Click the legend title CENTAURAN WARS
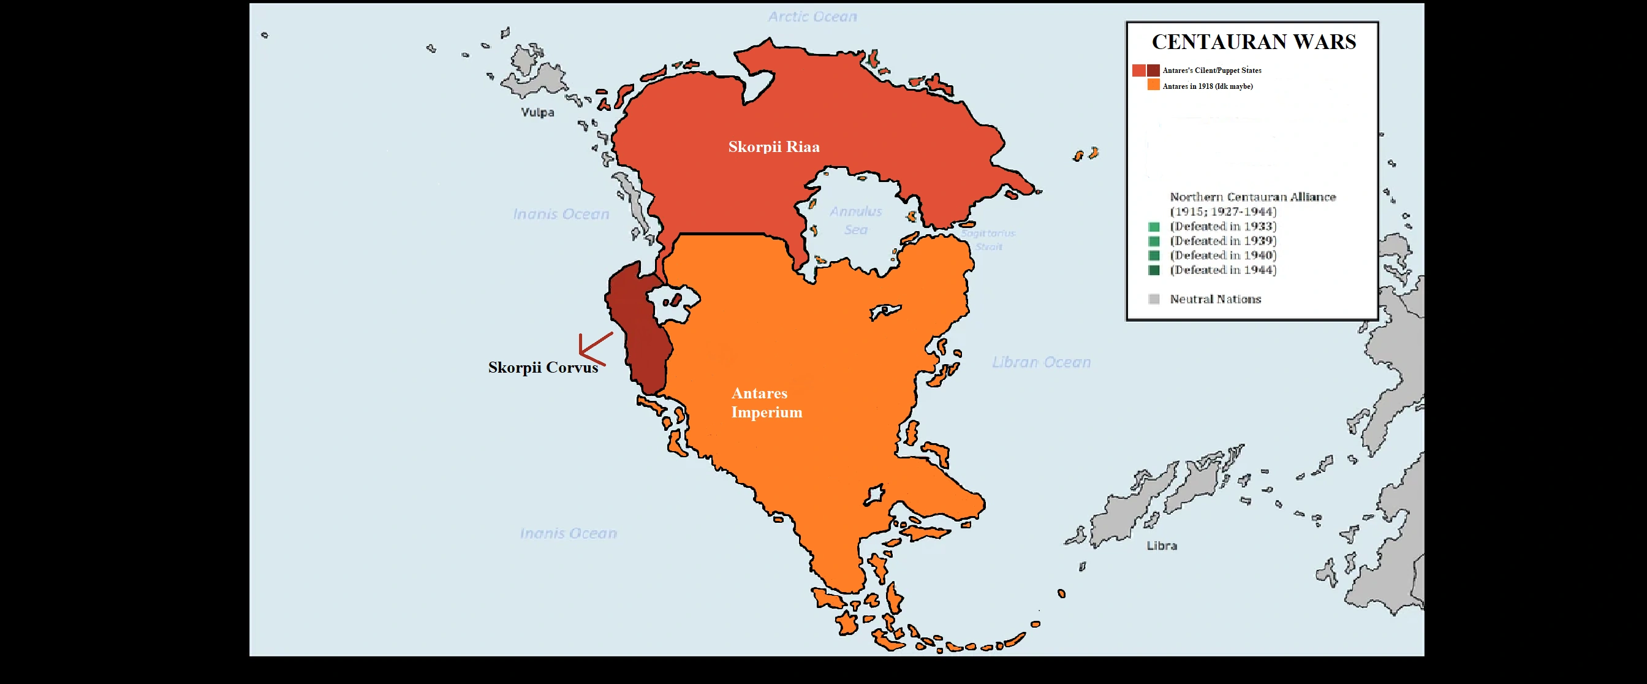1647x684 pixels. click(x=1253, y=42)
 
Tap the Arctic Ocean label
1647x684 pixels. click(x=812, y=17)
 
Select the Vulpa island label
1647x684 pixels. click(x=537, y=113)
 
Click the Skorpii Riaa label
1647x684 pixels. click(x=774, y=147)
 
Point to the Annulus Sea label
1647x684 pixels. click(x=855, y=220)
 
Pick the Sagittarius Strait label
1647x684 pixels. click(x=988, y=240)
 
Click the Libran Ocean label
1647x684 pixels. click(x=1041, y=362)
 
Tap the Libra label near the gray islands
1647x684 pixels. click(x=1161, y=546)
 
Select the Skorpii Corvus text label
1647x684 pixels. click(x=543, y=368)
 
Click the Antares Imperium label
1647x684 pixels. click(x=766, y=403)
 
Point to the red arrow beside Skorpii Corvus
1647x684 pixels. click(x=593, y=349)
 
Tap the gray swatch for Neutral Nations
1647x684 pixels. click(x=1153, y=299)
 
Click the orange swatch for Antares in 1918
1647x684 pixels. click(x=1153, y=85)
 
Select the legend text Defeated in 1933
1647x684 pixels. click(x=1222, y=226)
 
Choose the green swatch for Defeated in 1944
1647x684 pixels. click(x=1153, y=270)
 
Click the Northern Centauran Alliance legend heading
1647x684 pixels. click(x=1252, y=197)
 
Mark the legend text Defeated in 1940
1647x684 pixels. click(x=1222, y=256)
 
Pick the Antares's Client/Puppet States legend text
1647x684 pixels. click(x=1211, y=70)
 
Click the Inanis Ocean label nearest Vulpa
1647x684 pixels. click(x=561, y=214)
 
